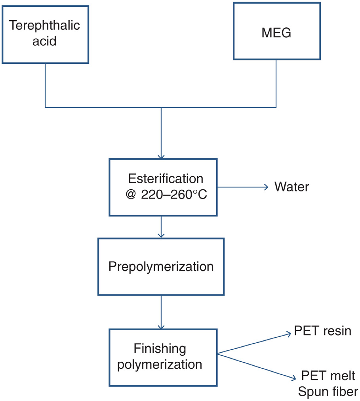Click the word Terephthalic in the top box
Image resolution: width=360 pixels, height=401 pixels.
click(44, 26)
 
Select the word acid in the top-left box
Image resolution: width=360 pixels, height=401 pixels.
click(44, 41)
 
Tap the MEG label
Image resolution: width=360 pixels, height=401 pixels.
click(276, 33)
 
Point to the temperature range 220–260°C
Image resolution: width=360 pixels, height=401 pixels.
click(174, 195)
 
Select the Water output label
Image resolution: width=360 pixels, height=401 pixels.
click(291, 187)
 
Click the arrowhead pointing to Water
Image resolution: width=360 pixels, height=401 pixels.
click(266, 187)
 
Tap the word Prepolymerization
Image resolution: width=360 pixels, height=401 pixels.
click(161, 266)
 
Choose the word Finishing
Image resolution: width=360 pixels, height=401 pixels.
click(160, 349)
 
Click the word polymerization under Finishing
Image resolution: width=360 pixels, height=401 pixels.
click(163, 364)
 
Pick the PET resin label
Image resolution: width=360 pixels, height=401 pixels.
click(322, 331)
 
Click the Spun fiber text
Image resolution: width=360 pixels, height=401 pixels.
click(328, 391)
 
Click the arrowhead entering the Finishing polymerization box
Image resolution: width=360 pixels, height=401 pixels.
click(161, 326)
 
